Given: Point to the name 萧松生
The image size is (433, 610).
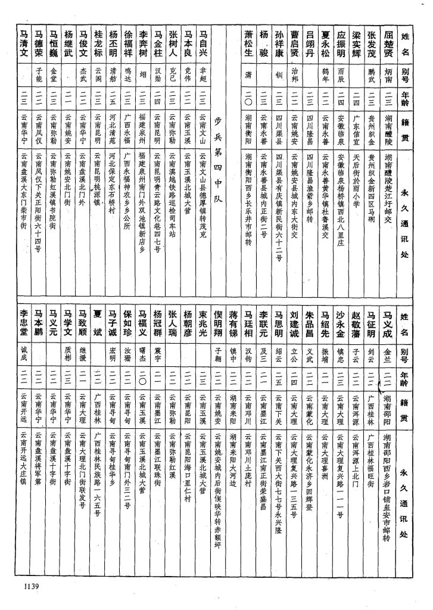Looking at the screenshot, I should point(249,43).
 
